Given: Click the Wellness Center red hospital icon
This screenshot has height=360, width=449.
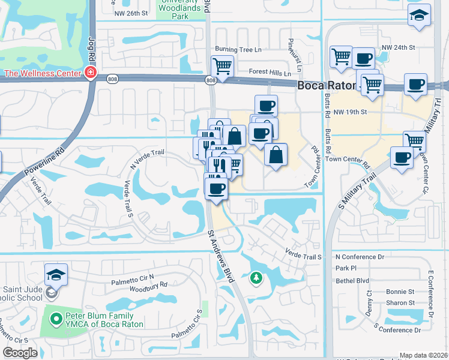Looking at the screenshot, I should pos(90,73).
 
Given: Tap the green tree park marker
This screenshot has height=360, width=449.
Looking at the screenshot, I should pos(256,278).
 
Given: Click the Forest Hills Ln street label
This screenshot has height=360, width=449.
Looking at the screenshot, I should pos(270,73).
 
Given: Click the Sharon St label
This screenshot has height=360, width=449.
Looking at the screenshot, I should pos(400,303).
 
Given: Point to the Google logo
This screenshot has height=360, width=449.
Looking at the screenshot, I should pos(20,353).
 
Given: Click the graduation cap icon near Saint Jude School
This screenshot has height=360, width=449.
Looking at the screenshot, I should pos(56,275).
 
